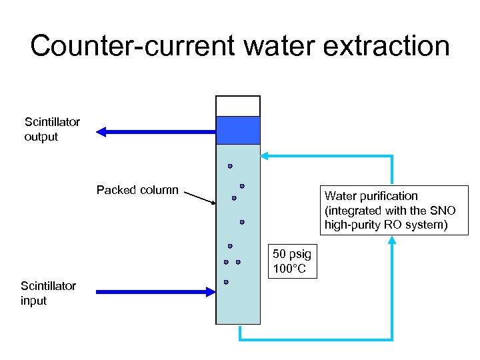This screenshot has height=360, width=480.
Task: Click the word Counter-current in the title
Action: (131, 47)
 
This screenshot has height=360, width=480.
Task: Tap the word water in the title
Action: (272, 47)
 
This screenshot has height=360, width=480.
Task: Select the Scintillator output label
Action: (52, 129)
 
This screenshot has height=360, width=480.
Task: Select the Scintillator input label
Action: (48, 293)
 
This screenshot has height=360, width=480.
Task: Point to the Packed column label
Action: (137, 190)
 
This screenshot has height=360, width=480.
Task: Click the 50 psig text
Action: (292, 255)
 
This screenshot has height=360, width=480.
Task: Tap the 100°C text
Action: (290, 269)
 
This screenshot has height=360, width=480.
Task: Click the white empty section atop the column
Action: (238, 106)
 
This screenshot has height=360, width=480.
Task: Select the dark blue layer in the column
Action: (238, 130)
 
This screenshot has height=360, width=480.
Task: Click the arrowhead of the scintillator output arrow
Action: (101, 132)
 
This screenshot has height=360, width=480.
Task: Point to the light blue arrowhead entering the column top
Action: (265, 156)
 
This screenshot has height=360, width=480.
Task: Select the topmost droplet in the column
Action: (230, 165)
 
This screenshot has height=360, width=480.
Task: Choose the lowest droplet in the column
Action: (226, 282)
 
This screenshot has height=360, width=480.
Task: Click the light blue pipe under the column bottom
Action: (313, 340)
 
